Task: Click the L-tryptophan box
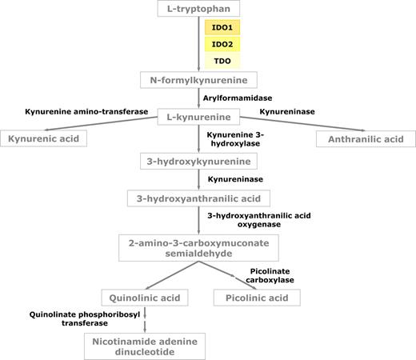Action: tap(198, 9)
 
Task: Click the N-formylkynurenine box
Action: tap(198, 80)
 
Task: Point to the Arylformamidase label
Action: tap(238, 98)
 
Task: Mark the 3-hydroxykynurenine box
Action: tap(198, 161)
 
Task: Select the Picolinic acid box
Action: tap(256, 298)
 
